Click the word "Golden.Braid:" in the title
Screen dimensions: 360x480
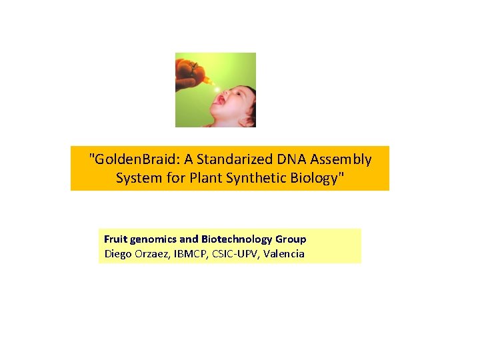click(129, 160)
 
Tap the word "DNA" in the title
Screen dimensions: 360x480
click(275, 160)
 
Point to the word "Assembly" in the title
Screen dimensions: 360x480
click(333, 160)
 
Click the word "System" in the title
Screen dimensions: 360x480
click(137, 179)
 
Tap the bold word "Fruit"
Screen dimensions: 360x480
click(115, 239)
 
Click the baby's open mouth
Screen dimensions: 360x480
click(218, 100)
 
